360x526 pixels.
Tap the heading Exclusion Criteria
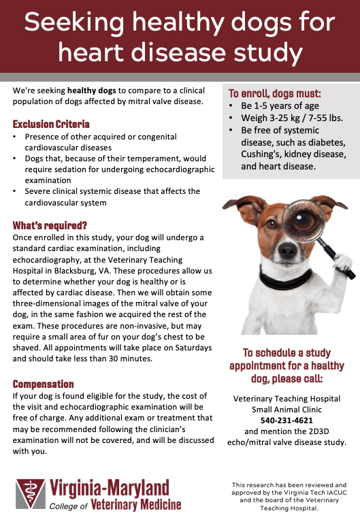[51, 125]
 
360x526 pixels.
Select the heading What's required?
[50, 225]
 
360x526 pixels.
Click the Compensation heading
[44, 384]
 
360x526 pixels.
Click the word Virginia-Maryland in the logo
[108, 488]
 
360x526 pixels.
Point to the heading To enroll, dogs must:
[275, 94]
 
